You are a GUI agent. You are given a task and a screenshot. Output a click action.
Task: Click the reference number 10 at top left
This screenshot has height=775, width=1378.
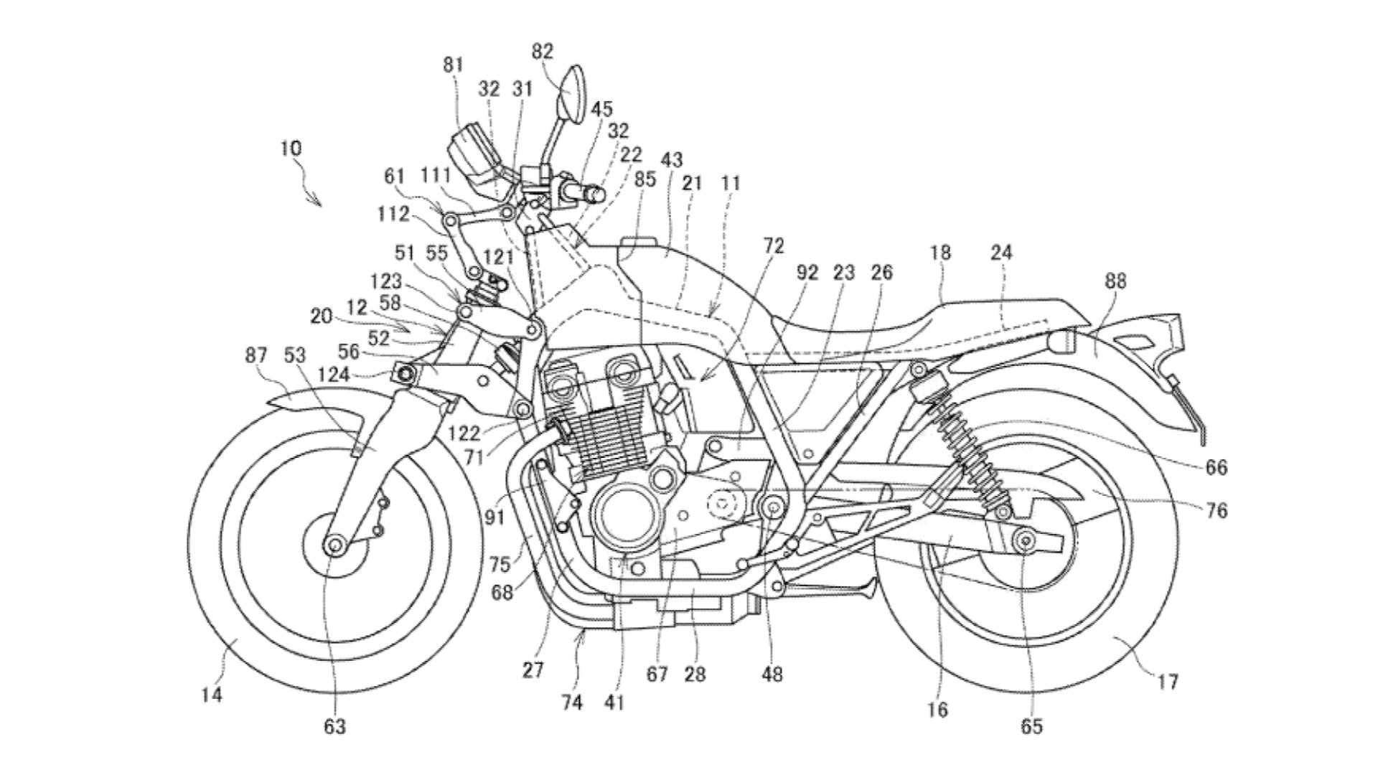click(291, 149)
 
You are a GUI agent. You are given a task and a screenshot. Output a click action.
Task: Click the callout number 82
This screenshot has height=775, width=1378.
click(543, 52)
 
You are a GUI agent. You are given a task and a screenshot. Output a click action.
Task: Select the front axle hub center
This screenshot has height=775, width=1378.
click(333, 545)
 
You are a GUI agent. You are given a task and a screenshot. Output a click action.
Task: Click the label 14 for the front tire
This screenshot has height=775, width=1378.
click(212, 695)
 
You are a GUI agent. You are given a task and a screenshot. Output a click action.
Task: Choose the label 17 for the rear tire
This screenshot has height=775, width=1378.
click(1168, 681)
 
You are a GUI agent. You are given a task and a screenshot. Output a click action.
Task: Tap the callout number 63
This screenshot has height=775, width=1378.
click(334, 726)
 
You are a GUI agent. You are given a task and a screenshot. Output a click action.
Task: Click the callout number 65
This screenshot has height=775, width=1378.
click(1031, 726)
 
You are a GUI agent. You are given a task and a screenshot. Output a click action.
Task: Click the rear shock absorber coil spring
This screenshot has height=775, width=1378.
click(965, 445)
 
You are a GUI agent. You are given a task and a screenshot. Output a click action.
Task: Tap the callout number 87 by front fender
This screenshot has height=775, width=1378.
click(256, 355)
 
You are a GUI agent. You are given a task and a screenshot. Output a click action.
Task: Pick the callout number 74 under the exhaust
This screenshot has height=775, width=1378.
click(572, 703)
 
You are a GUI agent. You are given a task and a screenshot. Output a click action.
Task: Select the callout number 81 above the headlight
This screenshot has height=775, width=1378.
click(454, 65)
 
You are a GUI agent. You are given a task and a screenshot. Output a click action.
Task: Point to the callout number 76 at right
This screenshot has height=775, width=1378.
click(1217, 510)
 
